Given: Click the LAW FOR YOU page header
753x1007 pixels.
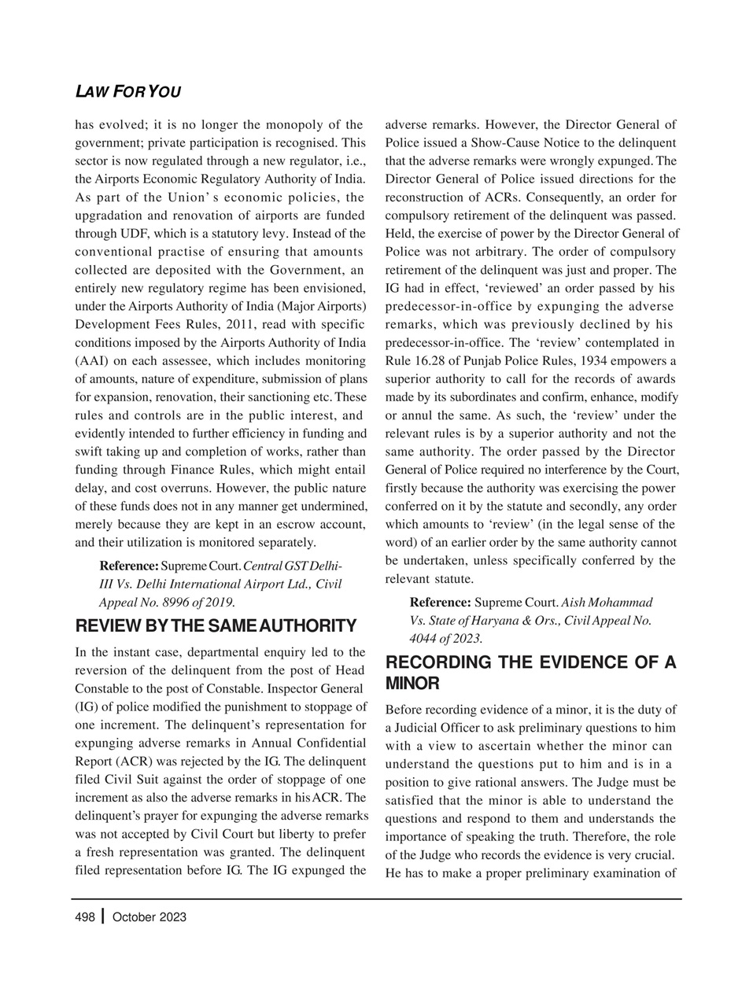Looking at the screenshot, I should (x=127, y=92).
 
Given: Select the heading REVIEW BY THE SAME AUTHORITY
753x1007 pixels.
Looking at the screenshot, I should (x=215, y=626).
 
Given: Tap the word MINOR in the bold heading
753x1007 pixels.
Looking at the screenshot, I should (x=412, y=683).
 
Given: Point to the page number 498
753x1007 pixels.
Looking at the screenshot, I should (x=85, y=917).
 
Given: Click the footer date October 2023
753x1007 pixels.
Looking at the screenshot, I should (x=149, y=917).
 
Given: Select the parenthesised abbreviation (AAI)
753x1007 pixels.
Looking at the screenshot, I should (x=93, y=360).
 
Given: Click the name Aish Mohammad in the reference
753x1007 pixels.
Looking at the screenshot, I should (x=607, y=602).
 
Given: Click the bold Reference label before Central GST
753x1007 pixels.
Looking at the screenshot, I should (x=128, y=566).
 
